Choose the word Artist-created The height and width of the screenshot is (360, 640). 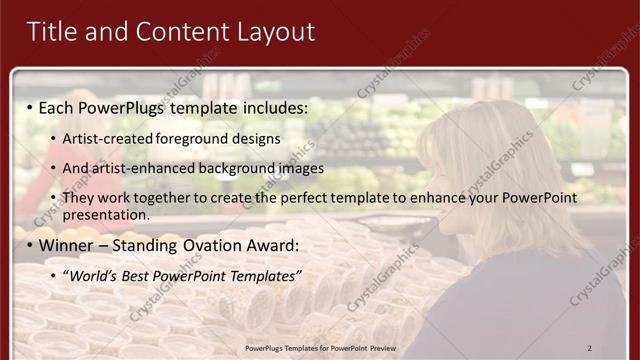click(x=108, y=138)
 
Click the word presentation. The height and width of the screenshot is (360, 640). click(x=106, y=214)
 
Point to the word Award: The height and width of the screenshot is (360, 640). click(x=274, y=245)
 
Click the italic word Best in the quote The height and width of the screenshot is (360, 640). click(x=142, y=275)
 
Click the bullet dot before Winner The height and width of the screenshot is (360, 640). click(x=30, y=245)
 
